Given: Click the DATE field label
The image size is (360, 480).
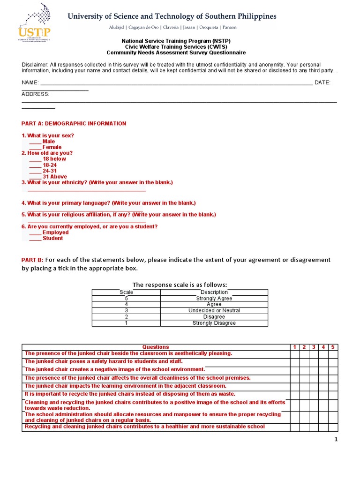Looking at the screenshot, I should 322,82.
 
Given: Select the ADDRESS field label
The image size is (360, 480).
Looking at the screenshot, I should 36,94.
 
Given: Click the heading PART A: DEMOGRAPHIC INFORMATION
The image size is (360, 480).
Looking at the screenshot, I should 74,124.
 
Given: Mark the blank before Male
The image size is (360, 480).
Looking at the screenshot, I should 35,142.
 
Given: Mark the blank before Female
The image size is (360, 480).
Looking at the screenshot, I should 35,147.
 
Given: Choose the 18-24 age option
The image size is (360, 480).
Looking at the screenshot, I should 50,165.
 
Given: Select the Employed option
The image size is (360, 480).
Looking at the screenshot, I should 55,232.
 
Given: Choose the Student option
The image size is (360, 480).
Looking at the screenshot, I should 52,238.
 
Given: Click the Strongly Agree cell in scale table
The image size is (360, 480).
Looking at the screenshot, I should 214,298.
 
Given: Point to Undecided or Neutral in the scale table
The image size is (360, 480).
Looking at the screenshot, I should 214,310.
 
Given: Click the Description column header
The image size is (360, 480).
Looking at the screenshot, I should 214,292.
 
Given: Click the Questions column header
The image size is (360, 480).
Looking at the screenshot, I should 156,347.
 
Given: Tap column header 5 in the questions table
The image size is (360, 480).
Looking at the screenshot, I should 333,347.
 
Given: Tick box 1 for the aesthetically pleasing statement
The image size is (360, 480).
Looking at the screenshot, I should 294,353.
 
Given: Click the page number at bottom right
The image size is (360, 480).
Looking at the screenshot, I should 336,439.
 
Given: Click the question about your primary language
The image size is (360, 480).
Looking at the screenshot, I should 108,203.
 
